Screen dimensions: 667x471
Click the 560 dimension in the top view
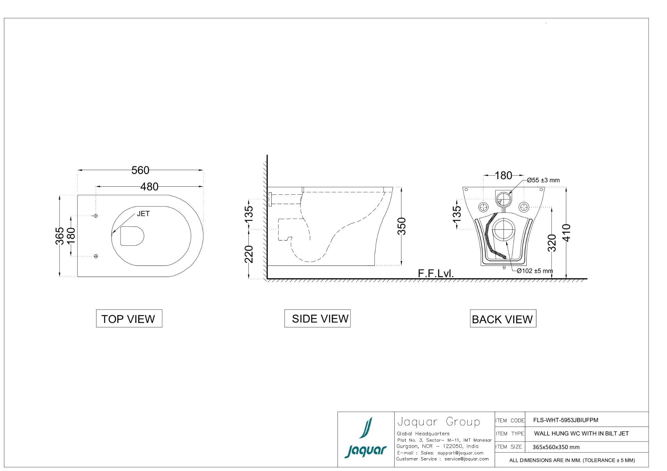point(140,170)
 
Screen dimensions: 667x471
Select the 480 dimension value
point(149,187)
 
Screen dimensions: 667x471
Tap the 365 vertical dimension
point(60,236)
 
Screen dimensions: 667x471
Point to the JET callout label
point(143,214)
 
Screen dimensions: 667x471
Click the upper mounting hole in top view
point(96,216)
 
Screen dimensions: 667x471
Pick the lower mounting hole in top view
point(96,256)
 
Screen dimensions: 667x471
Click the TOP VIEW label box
point(129,318)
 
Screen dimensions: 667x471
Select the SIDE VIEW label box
point(318,318)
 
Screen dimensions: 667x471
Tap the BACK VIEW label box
point(503,318)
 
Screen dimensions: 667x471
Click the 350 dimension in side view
point(402,226)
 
